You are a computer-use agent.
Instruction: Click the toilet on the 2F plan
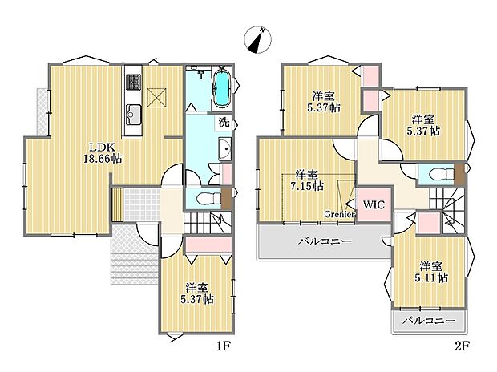pos(434,174)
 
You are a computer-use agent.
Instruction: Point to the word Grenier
pos(339,213)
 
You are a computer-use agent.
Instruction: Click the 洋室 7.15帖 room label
pos(307,180)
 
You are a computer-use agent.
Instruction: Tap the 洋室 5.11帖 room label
pos(430,272)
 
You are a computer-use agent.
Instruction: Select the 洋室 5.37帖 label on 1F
pos(196,293)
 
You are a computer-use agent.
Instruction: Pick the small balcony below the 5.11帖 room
pos(429,321)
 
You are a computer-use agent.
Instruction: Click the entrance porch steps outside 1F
pos(133,257)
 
